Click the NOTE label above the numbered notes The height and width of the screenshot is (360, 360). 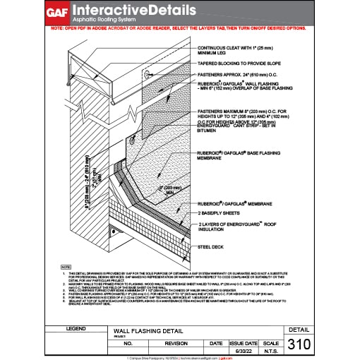66,266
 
